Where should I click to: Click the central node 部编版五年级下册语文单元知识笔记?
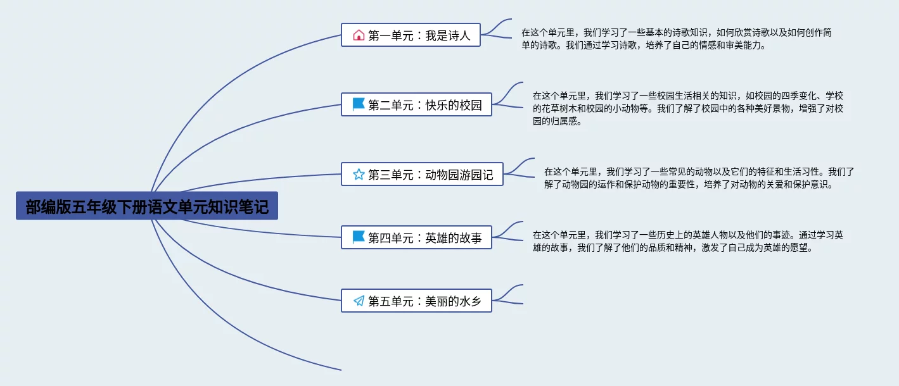pos(147,206)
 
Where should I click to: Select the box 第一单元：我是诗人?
pos(411,35)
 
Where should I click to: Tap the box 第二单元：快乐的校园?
pos(416,104)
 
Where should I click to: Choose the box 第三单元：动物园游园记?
pos(422,174)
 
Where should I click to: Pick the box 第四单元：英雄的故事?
pos(416,237)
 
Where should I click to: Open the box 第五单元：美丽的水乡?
pos(416,301)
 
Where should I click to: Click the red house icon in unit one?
pos(359,35)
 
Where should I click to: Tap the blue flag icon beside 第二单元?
pos(359,104)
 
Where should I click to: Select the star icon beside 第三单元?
pos(359,174)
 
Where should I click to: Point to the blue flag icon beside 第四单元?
pos(359,237)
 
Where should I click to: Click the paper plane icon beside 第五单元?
pos(359,301)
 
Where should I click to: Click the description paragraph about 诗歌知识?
pos(677,39)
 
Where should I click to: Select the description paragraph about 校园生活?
pos(688,108)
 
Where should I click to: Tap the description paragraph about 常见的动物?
pos(699,178)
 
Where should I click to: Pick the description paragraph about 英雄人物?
pos(688,241)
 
